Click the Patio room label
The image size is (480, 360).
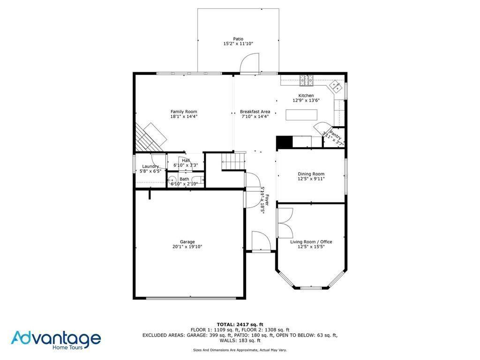click(239, 39)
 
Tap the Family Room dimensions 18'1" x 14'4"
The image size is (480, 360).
click(184, 116)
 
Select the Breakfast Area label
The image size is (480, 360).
click(255, 112)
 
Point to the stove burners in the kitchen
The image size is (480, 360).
click(307, 82)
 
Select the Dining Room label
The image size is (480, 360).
click(311, 174)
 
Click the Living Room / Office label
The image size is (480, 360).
click(311, 242)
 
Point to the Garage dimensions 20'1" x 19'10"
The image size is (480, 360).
click(187, 247)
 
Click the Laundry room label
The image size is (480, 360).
click(150, 166)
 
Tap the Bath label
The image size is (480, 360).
click(184, 179)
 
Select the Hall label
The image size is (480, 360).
click(186, 160)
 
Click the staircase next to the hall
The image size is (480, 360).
click(233, 161)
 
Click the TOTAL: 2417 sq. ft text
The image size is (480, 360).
click(240, 324)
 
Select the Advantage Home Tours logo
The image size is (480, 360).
click(56, 339)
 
